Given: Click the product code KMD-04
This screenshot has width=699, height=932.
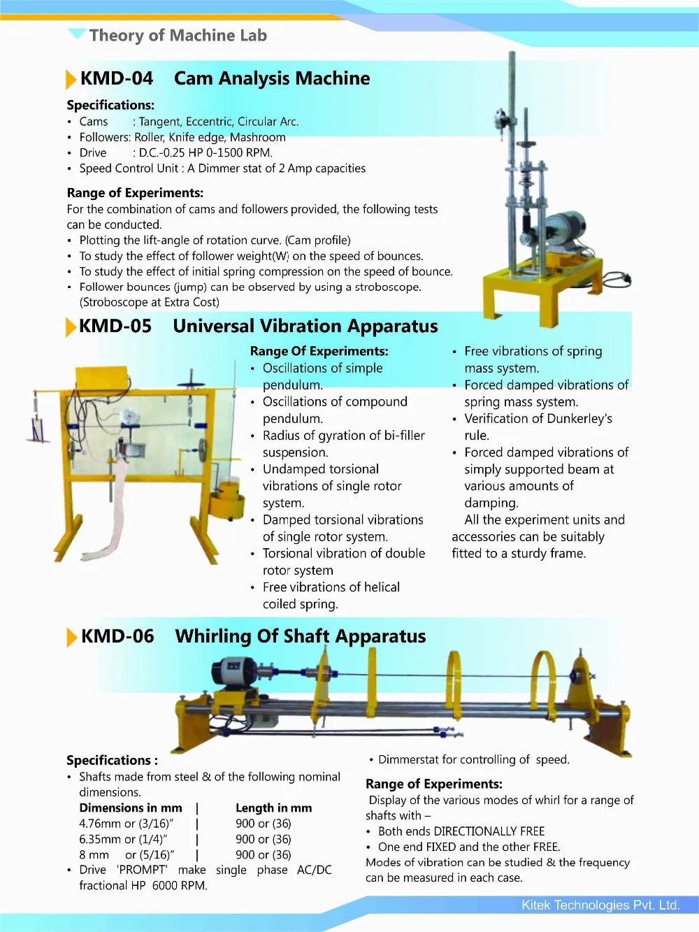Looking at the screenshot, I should click(116, 78).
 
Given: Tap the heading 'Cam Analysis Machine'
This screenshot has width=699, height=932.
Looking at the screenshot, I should click(272, 78).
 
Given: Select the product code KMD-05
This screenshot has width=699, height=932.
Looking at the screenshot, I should click(115, 326).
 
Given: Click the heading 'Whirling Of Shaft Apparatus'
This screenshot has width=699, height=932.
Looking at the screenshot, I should click(301, 636).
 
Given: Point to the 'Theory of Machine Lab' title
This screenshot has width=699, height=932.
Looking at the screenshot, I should click(178, 35).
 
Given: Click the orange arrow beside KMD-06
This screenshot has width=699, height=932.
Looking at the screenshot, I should click(71, 637).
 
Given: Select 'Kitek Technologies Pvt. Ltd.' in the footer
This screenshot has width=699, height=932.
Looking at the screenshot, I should click(600, 905).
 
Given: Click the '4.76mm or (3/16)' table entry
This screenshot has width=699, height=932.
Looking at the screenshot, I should click(126, 824).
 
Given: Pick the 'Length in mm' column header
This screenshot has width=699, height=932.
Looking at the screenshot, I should click(273, 808).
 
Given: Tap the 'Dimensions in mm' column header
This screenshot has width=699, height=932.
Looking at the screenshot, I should click(131, 808).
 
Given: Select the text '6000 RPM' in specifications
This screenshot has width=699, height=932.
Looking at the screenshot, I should click(180, 885).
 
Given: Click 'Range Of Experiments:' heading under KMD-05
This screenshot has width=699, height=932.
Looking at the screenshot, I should click(319, 351).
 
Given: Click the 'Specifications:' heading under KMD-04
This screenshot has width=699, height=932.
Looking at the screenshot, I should click(110, 105).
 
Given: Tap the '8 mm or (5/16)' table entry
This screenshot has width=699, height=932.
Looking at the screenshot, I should click(126, 854).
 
